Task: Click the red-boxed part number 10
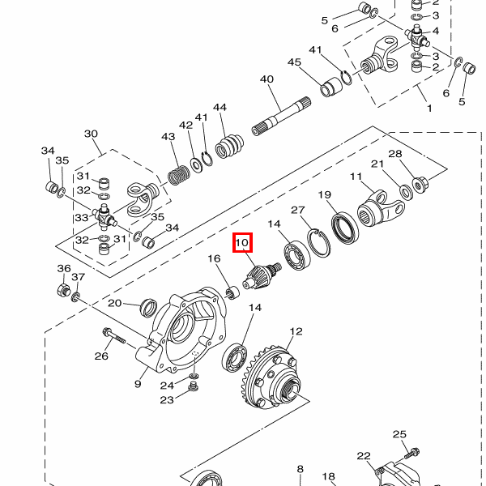click(x=242, y=242)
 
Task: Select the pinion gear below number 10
click(x=262, y=276)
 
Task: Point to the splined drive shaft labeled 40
click(x=281, y=116)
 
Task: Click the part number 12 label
click(x=296, y=331)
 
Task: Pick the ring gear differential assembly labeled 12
click(x=271, y=377)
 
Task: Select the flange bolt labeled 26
click(x=114, y=336)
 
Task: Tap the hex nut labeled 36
click(x=63, y=290)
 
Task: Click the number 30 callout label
click(x=91, y=134)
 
